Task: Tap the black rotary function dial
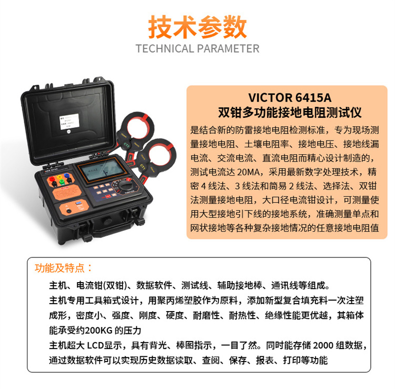click(125, 186)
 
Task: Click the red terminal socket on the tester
click(52, 179)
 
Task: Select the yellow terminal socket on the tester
click(60, 177)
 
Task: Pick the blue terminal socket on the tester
click(67, 175)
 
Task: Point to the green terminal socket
click(62, 182)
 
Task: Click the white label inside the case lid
click(70, 122)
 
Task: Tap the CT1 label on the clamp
click(143, 166)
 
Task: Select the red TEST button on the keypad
click(108, 196)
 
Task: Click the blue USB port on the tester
click(78, 203)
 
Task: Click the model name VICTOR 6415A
click(290, 98)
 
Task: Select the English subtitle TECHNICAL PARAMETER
click(197, 48)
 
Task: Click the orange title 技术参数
click(197, 27)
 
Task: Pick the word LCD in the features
click(95, 345)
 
